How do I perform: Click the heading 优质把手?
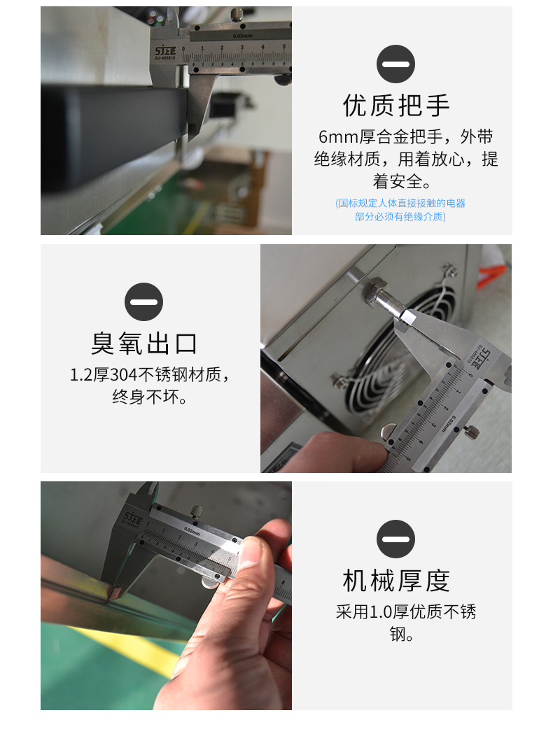pyautogui.click(x=396, y=105)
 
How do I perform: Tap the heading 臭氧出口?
pyautogui.click(x=143, y=343)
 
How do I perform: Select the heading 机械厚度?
pyautogui.click(x=396, y=581)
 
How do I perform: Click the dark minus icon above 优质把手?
pyautogui.click(x=395, y=64)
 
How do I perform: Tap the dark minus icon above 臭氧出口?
pyautogui.click(x=143, y=302)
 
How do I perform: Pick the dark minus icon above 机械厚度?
pyautogui.click(x=395, y=539)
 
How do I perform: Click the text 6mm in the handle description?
pyautogui.click(x=338, y=137)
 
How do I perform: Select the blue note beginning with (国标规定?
pyautogui.click(x=400, y=209)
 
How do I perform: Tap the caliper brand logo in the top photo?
pyautogui.click(x=165, y=52)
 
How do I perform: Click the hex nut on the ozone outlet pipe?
pyautogui.click(x=376, y=286)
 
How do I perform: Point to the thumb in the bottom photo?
pyautogui.click(x=253, y=552)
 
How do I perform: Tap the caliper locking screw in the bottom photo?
pyautogui.click(x=197, y=511)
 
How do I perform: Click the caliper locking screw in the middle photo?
pyautogui.click(x=471, y=430)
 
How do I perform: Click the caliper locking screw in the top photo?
pyautogui.click(x=237, y=15)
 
